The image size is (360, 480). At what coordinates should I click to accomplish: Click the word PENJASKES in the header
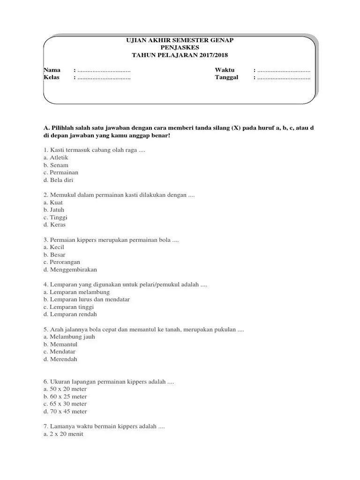[x=180, y=48]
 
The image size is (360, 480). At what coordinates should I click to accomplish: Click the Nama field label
[x=52, y=70]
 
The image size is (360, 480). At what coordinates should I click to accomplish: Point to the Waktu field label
[x=225, y=70]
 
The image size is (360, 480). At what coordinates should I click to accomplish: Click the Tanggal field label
[x=227, y=77]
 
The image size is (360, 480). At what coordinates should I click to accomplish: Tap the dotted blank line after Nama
[x=104, y=70]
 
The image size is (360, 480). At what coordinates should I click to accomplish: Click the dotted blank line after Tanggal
[x=284, y=78]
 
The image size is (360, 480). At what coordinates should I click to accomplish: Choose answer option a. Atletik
[x=56, y=157]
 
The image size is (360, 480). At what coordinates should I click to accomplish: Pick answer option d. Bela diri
[x=58, y=180]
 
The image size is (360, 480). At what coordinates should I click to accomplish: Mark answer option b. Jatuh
[x=54, y=210]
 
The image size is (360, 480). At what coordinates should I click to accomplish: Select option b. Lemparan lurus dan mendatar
[x=86, y=300]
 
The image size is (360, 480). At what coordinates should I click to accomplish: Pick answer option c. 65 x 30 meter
[x=65, y=404]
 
